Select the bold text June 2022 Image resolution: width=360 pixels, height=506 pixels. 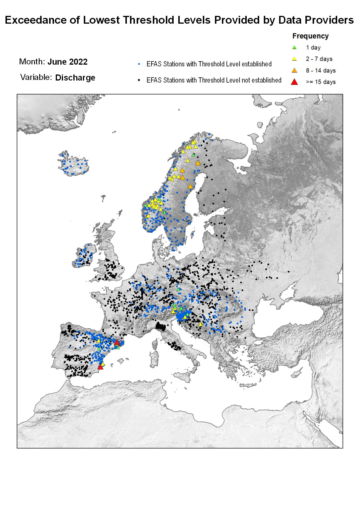point(67,62)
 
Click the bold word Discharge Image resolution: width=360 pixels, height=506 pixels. point(75,78)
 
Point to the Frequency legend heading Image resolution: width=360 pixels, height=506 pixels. point(310,36)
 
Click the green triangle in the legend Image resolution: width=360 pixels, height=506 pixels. point(294,47)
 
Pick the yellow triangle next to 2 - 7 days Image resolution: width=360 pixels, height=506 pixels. point(294,59)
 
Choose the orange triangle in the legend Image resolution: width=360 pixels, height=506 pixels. point(294,70)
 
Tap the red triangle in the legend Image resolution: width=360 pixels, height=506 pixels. point(294,82)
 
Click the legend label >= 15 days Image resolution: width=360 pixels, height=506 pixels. point(321,82)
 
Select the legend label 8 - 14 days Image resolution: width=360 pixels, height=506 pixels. point(321,70)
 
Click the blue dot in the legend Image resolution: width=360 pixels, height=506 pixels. point(139,64)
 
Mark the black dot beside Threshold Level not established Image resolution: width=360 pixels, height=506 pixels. point(139,80)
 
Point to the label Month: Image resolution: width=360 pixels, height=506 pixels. point(32,62)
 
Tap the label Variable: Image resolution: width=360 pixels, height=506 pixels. point(36,77)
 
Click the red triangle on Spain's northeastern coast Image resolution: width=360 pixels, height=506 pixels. point(117,342)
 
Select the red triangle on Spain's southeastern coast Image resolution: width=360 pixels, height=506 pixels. point(100,367)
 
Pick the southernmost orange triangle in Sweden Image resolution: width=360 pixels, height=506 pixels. point(190,186)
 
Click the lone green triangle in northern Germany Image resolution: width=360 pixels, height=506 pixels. point(178,289)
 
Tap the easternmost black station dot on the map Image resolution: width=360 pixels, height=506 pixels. point(288,272)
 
